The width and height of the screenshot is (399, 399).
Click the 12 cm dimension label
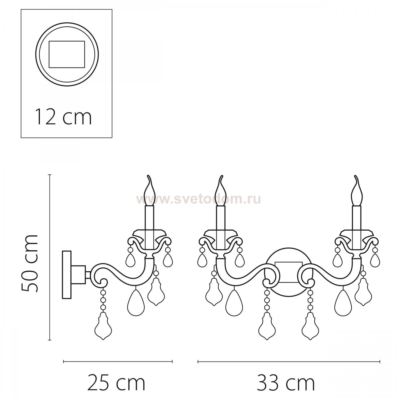click(x=63, y=117)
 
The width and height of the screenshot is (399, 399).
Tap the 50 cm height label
click(x=30, y=264)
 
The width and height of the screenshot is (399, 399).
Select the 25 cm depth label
click(x=117, y=383)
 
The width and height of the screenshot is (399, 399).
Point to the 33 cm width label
click(x=286, y=383)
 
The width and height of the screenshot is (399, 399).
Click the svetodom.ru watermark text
click(x=198, y=199)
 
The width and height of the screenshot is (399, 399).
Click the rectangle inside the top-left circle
click(x=67, y=54)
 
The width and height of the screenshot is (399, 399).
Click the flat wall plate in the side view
click(x=66, y=275)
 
